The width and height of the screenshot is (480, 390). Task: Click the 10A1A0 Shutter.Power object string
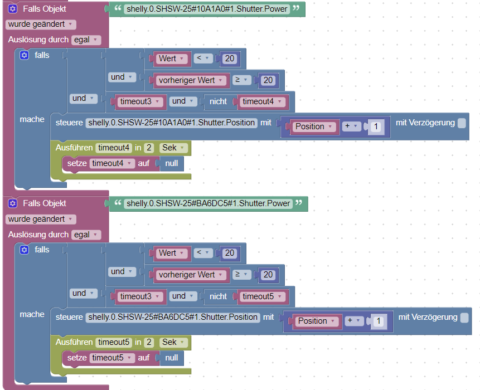207,9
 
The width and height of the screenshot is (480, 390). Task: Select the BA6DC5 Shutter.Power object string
208,203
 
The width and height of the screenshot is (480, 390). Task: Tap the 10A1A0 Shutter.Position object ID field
172,123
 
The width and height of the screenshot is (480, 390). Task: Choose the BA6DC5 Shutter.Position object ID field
173,317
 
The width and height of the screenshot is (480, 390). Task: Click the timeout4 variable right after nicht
261,101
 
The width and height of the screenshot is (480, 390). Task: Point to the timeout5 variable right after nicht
261,296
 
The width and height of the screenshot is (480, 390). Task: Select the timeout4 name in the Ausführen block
114,148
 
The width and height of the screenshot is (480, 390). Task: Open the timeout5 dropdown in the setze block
112,358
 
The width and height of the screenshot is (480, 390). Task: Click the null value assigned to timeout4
172,163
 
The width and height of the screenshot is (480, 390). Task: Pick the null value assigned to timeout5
172,358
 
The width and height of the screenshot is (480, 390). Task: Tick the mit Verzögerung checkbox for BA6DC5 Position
464,318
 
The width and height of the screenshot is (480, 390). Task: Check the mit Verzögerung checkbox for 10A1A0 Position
462,123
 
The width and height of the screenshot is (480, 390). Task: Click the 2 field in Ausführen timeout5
149,342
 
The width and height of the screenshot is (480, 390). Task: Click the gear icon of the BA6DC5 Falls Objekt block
13,203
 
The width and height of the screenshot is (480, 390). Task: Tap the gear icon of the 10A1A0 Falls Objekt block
13,9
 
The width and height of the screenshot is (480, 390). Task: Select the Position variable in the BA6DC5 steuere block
316,321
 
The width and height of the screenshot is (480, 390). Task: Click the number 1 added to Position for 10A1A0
376,126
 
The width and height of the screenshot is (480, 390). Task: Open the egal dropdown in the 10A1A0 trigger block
86,40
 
